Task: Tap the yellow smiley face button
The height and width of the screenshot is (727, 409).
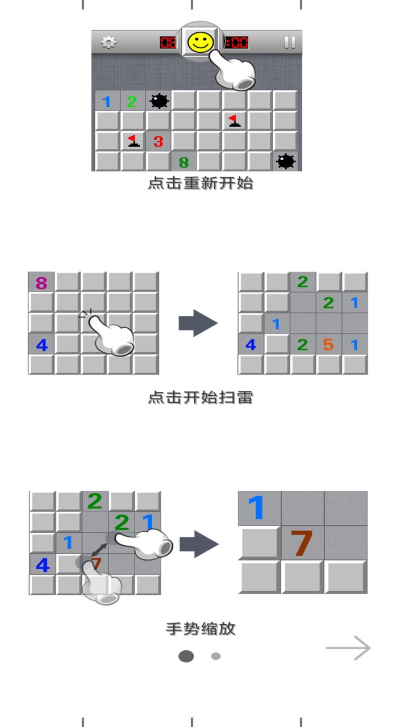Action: tap(201, 41)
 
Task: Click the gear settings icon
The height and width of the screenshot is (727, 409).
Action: tap(108, 42)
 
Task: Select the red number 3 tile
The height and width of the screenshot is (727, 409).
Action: tap(158, 141)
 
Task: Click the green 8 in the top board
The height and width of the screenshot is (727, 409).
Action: tap(183, 162)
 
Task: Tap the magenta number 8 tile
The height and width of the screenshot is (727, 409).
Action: tap(41, 283)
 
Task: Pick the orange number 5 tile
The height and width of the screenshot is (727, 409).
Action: tap(328, 344)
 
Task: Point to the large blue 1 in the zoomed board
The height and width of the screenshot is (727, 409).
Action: tap(257, 507)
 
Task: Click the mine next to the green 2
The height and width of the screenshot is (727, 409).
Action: tap(159, 102)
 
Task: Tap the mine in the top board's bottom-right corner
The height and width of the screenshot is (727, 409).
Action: tap(285, 162)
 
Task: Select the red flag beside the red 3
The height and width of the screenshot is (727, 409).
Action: tap(133, 140)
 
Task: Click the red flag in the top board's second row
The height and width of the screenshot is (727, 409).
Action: tap(233, 120)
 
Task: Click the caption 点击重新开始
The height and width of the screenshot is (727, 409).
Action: tap(201, 183)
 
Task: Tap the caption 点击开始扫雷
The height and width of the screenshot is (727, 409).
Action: tap(201, 398)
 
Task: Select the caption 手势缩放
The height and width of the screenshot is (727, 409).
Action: tap(201, 629)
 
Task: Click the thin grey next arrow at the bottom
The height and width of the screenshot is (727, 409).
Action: tap(348, 648)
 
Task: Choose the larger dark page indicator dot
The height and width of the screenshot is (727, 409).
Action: tap(186, 657)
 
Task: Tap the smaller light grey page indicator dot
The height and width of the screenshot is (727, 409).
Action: tap(216, 656)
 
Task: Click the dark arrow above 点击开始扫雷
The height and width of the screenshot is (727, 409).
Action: tap(198, 324)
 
